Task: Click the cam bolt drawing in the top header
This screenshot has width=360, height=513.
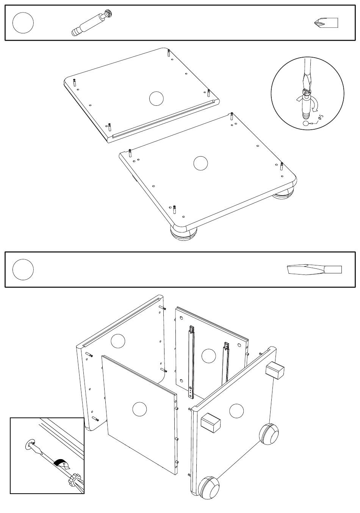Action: (92, 23)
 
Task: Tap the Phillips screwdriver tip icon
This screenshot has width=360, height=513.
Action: (326, 23)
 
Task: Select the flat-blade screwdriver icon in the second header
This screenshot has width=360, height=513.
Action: (314, 270)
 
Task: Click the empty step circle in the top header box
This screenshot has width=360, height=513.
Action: (23, 23)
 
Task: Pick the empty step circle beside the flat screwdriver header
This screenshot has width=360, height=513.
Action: (23, 270)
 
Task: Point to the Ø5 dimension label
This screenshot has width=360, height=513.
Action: (321, 117)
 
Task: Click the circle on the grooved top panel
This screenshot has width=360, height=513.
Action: (156, 99)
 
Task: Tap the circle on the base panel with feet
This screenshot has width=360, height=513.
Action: (200, 163)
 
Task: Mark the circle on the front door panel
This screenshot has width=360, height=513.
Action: (139, 409)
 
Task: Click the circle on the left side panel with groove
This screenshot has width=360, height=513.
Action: (118, 341)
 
